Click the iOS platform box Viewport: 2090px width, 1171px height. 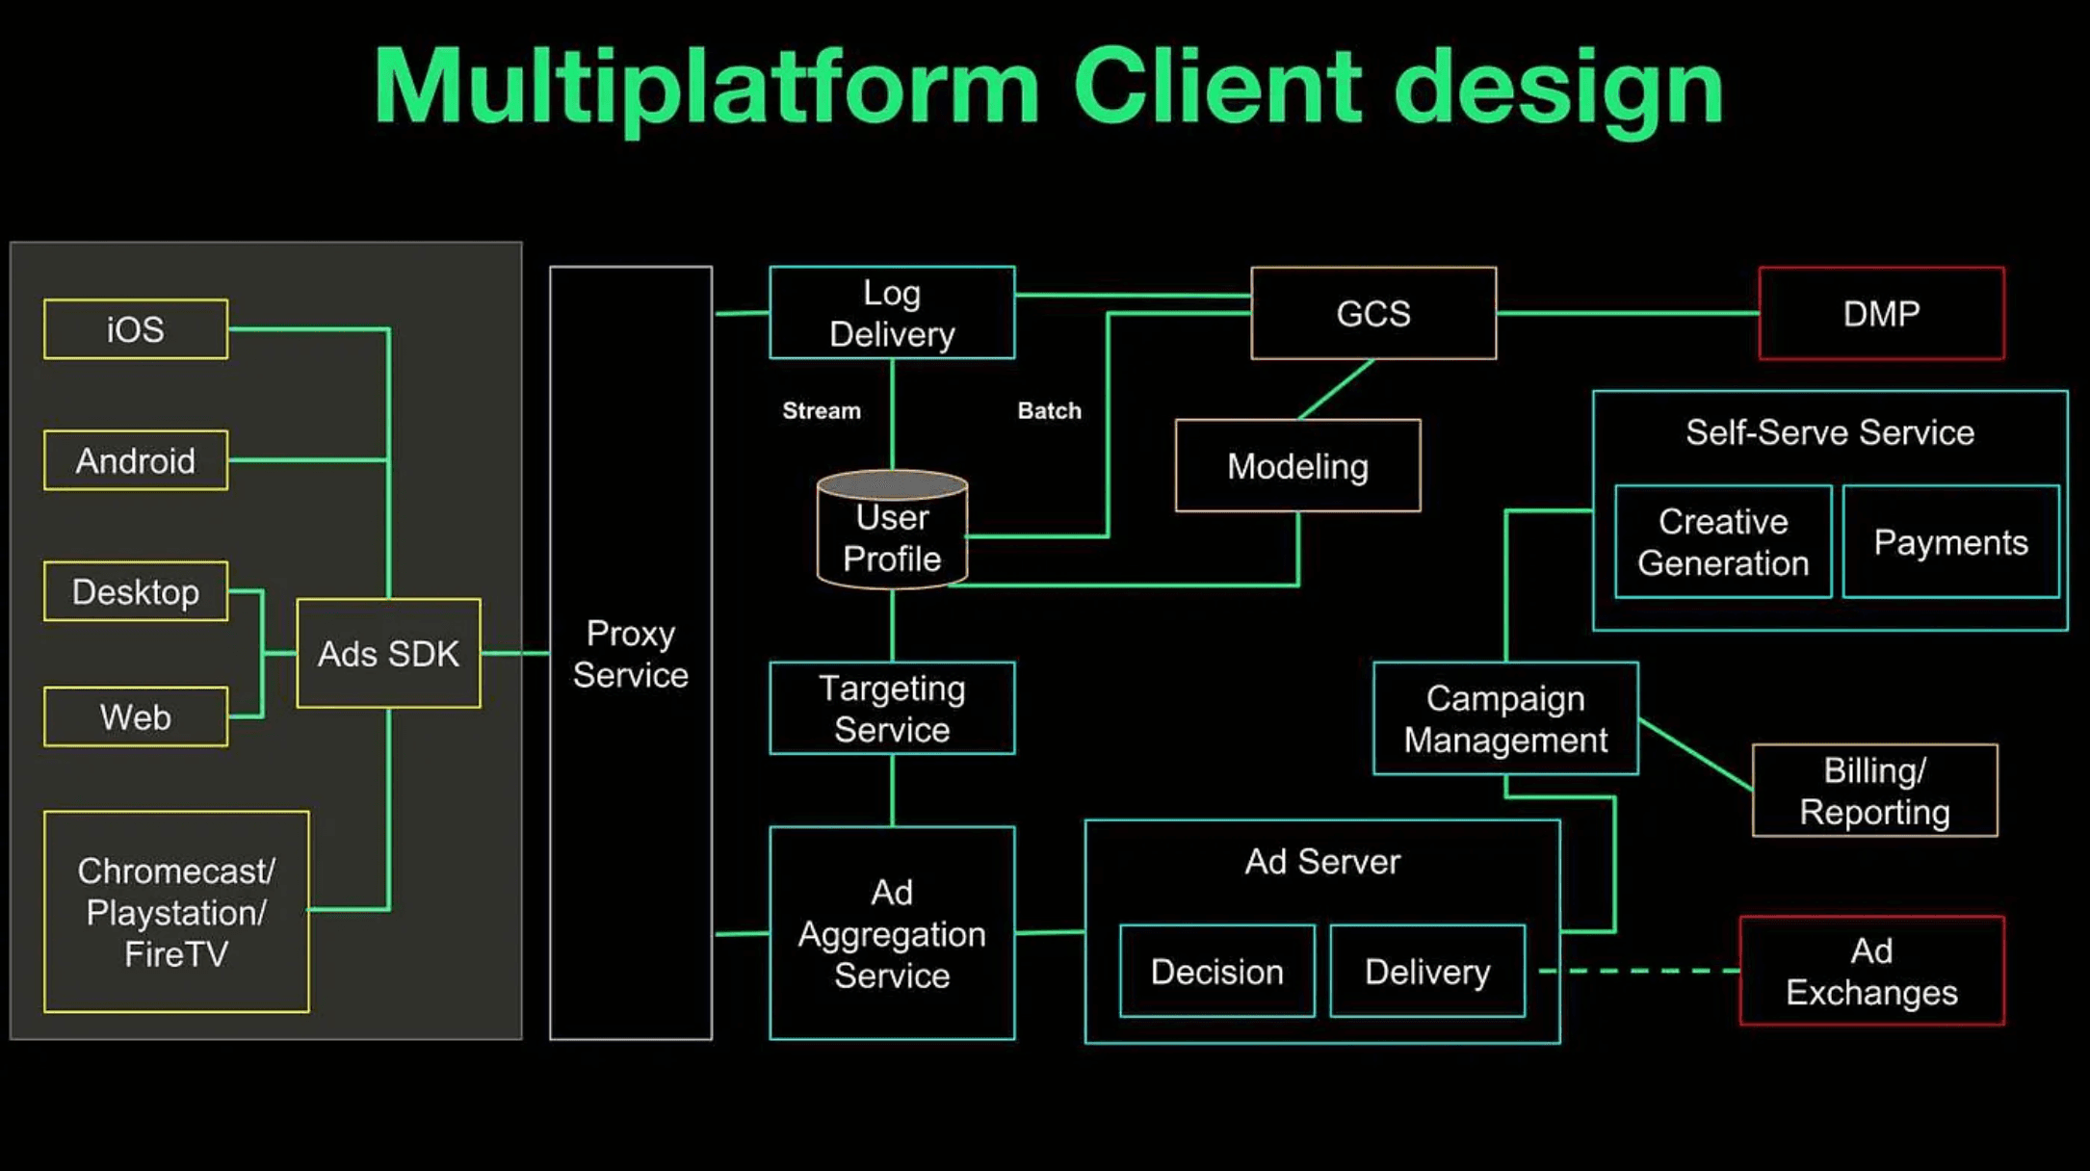click(x=136, y=329)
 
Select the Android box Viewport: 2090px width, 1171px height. click(x=136, y=460)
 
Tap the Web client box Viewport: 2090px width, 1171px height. click(x=136, y=716)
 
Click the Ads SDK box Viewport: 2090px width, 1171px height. click(x=388, y=654)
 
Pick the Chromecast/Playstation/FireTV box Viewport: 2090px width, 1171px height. click(x=176, y=912)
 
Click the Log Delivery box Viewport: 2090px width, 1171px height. click(x=892, y=313)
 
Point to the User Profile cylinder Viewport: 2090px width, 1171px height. click(x=892, y=529)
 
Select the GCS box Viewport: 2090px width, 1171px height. click(x=1373, y=313)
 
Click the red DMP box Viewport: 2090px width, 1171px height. click(x=1881, y=313)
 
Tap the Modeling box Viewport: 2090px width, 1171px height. click(x=1297, y=465)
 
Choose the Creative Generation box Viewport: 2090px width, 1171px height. click(x=1723, y=542)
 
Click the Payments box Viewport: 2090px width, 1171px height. click(x=1951, y=542)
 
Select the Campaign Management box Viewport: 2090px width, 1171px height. click(x=1505, y=718)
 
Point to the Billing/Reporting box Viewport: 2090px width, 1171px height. click(x=1874, y=791)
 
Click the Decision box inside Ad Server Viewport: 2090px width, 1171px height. click(x=1217, y=972)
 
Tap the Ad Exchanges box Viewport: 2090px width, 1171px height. click(x=1871, y=971)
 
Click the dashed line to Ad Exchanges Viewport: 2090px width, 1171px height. click(x=1639, y=971)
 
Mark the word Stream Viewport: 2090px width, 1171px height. click(x=822, y=411)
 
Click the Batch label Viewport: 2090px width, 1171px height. click(x=1050, y=411)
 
